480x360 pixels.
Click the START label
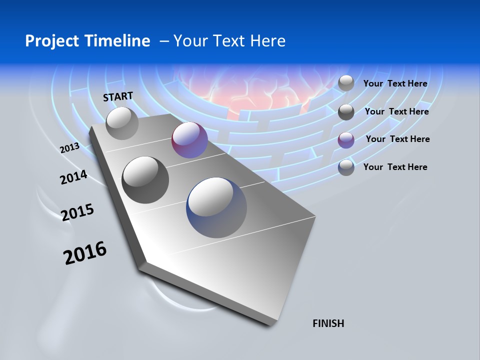click(x=118, y=96)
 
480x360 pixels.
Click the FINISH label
click(x=328, y=323)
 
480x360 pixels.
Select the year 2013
click(x=69, y=147)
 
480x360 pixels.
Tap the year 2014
click(x=73, y=177)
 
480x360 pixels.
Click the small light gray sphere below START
click(x=122, y=123)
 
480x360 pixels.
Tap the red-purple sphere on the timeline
click(x=189, y=140)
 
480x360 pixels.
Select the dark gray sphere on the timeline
click(x=145, y=179)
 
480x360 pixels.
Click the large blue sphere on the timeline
click(x=216, y=207)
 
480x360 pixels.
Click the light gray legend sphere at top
click(x=346, y=83)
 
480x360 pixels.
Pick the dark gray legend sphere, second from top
click(x=346, y=112)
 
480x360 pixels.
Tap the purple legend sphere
click(x=346, y=140)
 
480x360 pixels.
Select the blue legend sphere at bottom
click(x=346, y=167)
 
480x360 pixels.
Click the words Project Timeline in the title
click(x=87, y=41)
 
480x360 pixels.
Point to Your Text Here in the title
click(x=229, y=41)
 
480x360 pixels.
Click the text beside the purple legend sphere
click(x=397, y=139)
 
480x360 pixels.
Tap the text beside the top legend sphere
click(x=395, y=83)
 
